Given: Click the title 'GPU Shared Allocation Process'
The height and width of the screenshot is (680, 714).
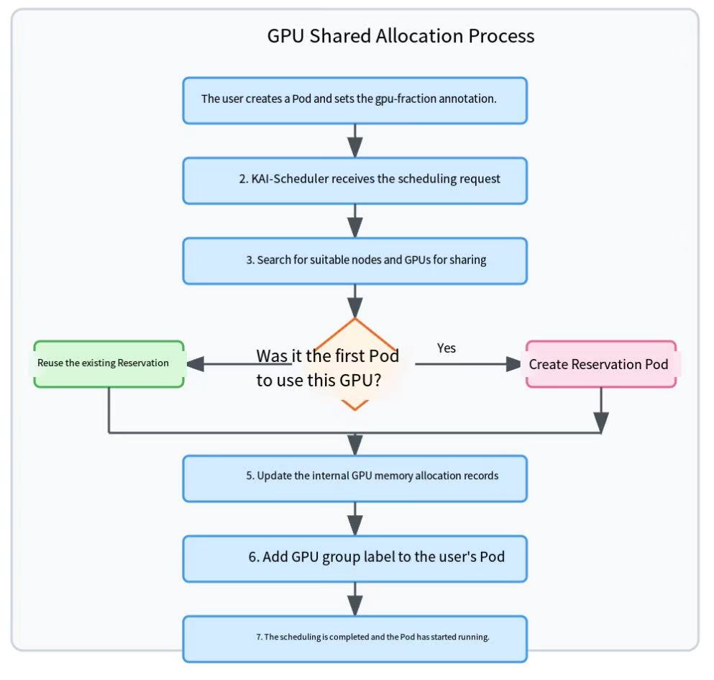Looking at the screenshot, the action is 401,36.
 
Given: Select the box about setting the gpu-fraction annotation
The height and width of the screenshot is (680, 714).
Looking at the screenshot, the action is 354,100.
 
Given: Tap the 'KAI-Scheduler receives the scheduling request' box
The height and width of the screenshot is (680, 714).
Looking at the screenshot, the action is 354,181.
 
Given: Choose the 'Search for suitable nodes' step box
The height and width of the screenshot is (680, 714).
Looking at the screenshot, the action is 354,260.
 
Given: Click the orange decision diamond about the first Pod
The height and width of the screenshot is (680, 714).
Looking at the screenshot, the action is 354,364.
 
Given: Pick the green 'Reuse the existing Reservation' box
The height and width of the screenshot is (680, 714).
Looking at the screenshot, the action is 109,364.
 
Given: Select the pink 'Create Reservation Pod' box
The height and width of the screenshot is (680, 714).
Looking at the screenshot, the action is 601,364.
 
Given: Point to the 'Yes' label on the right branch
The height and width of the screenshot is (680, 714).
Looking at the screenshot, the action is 447,348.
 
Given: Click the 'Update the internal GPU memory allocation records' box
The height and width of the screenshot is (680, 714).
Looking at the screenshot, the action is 354,479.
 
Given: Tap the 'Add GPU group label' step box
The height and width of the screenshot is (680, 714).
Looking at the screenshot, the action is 354,559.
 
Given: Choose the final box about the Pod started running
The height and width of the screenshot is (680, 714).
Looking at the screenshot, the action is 354,639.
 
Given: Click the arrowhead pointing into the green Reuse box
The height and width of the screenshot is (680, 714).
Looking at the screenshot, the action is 195,364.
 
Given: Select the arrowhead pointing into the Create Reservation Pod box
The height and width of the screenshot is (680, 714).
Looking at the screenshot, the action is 513,364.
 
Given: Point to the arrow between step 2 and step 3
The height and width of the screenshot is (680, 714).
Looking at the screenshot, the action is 354,221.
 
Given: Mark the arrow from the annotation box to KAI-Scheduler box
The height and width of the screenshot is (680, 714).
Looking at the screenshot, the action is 354,141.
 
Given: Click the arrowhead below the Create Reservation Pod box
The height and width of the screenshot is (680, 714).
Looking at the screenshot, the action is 601,422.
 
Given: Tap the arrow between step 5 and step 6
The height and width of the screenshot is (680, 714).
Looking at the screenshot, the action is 354,519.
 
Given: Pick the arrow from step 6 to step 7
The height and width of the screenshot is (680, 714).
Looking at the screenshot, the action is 354,599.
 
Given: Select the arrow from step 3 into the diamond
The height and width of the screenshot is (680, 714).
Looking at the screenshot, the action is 354,302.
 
